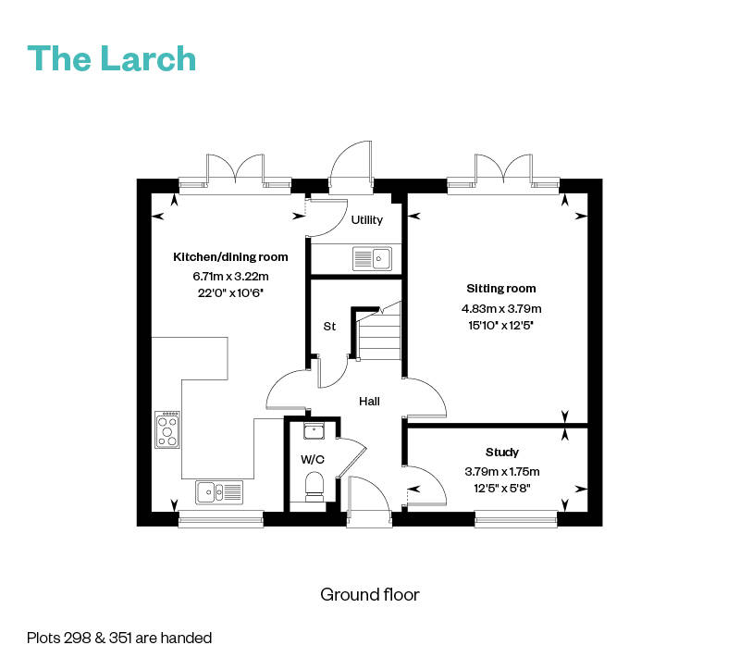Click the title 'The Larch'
[x=111, y=58]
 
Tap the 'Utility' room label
[x=366, y=220]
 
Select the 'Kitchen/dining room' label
[x=230, y=257]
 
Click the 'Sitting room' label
[x=501, y=289]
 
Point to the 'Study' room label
[x=502, y=453]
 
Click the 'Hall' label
[x=369, y=402]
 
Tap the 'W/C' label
[x=313, y=459]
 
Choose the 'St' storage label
[x=329, y=327]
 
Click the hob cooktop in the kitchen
[x=167, y=429]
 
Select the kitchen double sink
[x=219, y=492]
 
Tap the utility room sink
[x=372, y=259]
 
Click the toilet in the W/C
[x=314, y=487]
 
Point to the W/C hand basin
[x=314, y=431]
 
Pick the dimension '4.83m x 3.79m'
[x=501, y=309]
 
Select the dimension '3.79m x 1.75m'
[x=502, y=472]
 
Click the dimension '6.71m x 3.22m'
[x=230, y=276]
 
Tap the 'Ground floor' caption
[x=369, y=595]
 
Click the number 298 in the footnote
[x=77, y=639]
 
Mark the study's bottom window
[x=516, y=519]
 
